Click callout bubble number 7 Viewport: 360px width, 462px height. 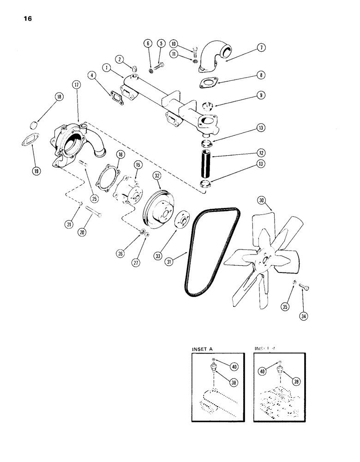[x=262, y=49]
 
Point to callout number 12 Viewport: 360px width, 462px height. [x=262, y=152]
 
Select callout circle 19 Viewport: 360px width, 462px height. [x=35, y=170]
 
